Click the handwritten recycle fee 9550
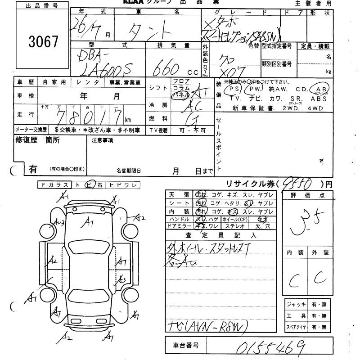(x=298, y=183)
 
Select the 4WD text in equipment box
(x=318, y=108)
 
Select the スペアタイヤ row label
(x=296, y=327)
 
